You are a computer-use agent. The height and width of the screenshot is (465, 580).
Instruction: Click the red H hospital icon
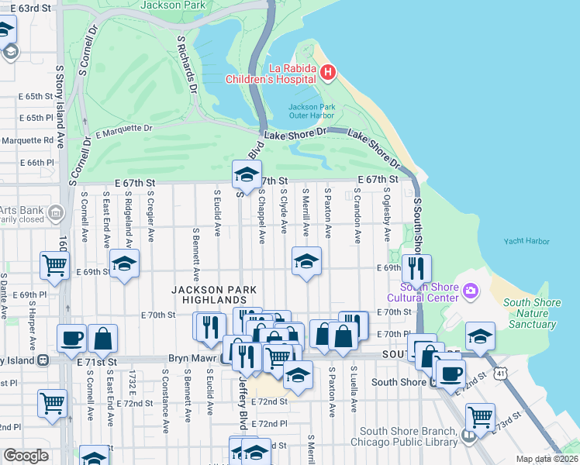(x=327, y=72)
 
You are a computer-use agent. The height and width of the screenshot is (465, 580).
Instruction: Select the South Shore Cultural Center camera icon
(x=469, y=292)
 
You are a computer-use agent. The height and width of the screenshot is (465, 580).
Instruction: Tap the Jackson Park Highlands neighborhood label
(x=209, y=294)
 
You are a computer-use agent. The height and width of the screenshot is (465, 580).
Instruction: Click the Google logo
(x=26, y=456)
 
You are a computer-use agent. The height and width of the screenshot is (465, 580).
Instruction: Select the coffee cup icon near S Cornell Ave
(x=72, y=337)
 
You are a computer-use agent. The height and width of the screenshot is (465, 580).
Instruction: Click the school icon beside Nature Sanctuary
(x=480, y=336)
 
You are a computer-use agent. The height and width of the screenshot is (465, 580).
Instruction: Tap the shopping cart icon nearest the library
(x=481, y=417)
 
